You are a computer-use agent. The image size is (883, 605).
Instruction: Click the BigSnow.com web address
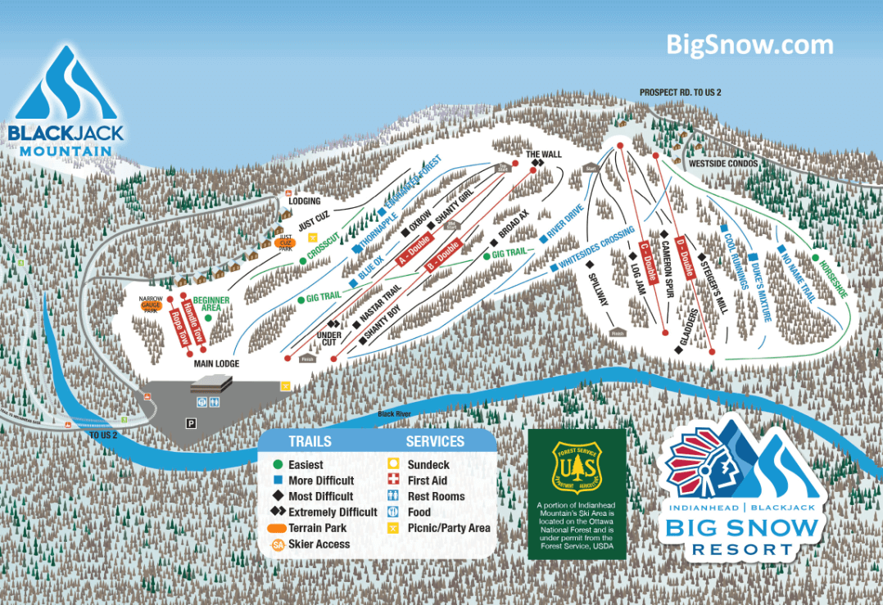tap(749, 44)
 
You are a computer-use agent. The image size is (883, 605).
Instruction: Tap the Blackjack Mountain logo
tap(65, 102)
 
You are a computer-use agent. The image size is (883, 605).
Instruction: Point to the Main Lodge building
tap(212, 383)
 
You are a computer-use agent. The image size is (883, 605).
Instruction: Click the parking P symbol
tap(190, 423)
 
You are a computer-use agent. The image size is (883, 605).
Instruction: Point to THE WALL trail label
tap(543, 154)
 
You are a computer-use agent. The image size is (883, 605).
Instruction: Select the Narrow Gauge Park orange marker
tap(151, 305)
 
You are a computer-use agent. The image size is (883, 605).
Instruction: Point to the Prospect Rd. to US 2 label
tap(681, 93)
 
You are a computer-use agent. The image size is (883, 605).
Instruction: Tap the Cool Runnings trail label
tap(735, 261)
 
